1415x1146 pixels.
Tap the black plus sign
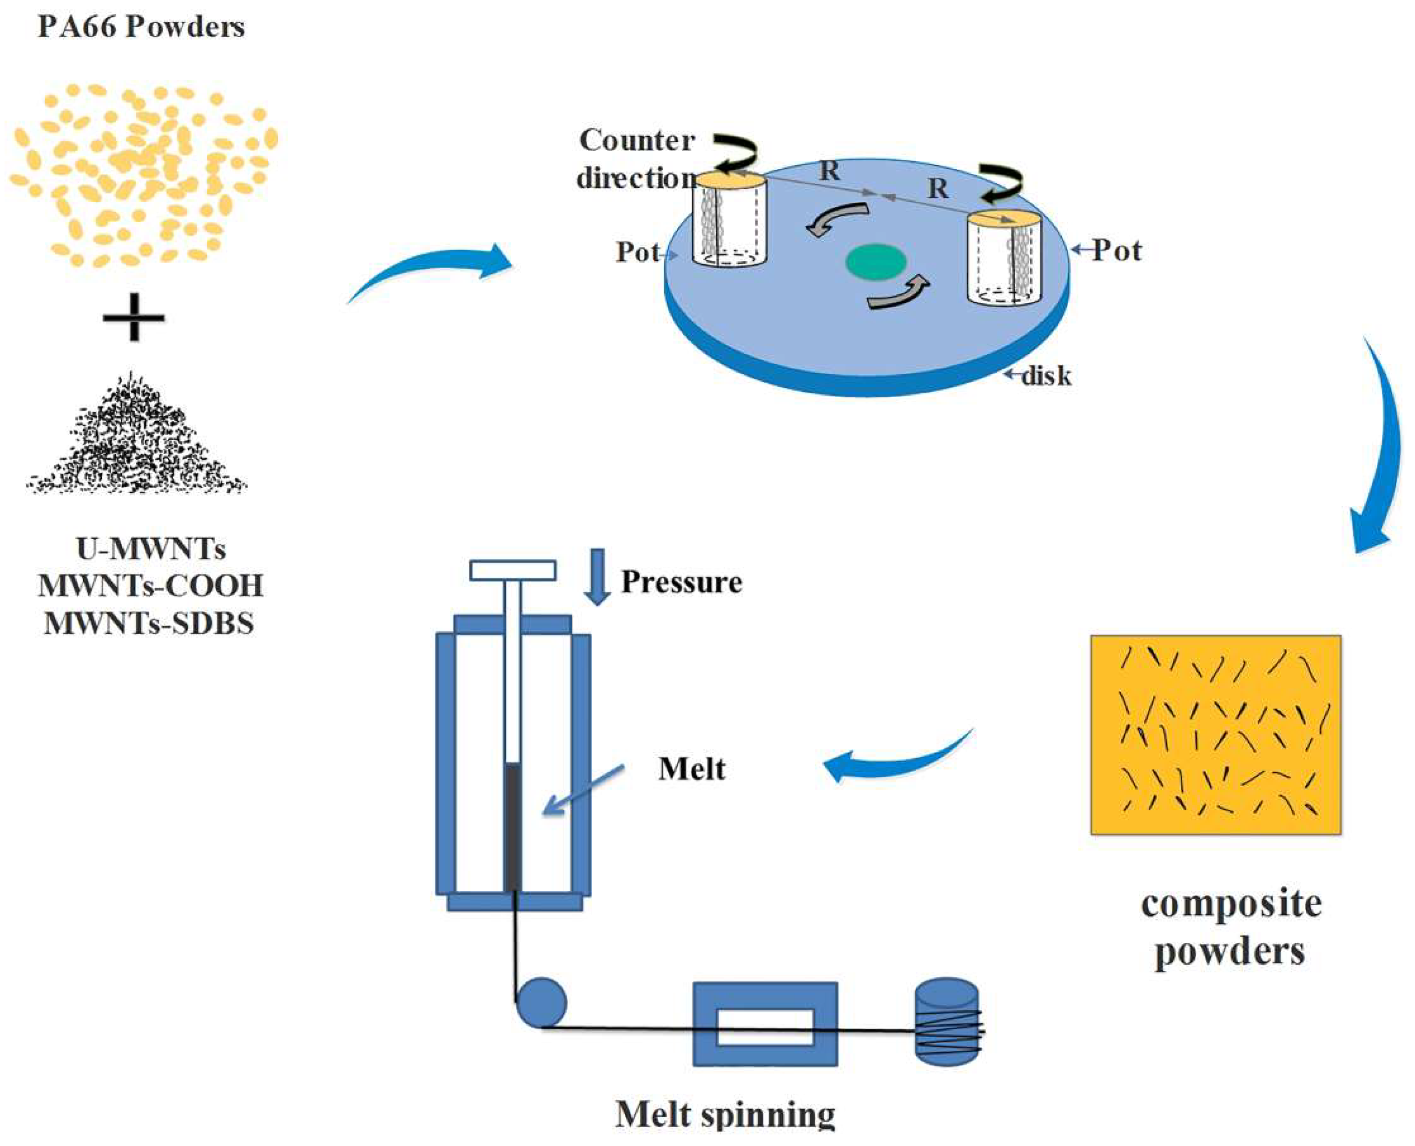134,318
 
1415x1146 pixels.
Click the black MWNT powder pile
137,442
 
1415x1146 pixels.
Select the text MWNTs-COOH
151,585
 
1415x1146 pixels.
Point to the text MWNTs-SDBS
149,623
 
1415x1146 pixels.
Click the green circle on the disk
876,262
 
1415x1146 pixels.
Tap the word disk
1046,376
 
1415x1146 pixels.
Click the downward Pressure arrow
598,576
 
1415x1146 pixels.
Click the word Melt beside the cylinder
691,769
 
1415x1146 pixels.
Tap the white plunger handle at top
512,570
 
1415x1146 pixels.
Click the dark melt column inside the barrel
512,825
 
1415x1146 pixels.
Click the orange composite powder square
1215,735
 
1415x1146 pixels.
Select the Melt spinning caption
725,1116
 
